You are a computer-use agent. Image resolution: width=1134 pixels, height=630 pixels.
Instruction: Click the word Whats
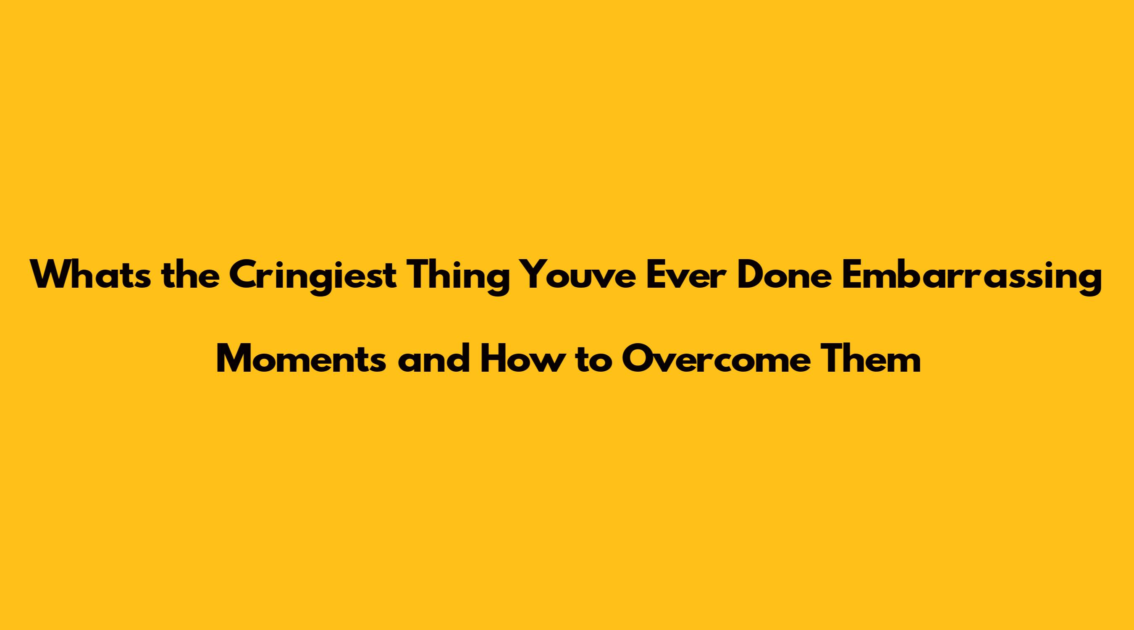pyautogui.click(x=90, y=275)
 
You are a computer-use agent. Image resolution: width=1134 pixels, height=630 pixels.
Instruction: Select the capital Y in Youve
pyautogui.click(x=531, y=275)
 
